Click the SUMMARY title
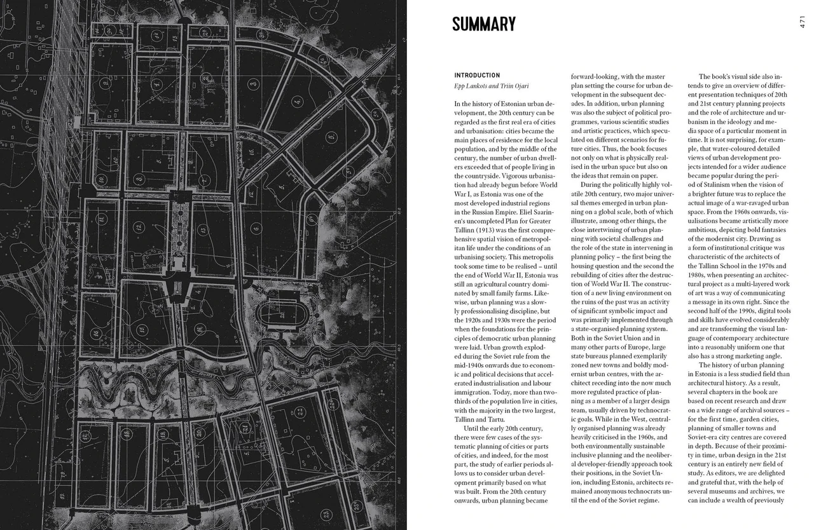483,24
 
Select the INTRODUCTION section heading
477,75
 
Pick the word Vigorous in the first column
520,175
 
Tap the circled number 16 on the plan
95,333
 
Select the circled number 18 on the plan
162,433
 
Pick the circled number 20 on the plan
199,433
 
